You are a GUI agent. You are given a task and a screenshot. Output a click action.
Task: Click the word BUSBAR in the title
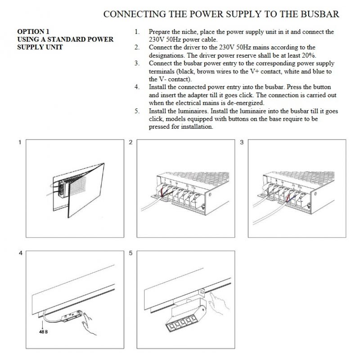pos(320,14)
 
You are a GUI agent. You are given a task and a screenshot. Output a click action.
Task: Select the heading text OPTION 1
pos(33,31)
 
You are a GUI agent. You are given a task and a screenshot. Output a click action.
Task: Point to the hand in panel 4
pos(88,324)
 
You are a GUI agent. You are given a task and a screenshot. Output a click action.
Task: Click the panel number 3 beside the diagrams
pos(242,142)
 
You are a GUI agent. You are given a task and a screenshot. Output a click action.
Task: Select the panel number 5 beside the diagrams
pos(130,253)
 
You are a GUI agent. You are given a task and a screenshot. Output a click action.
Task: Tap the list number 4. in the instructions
pos(137,87)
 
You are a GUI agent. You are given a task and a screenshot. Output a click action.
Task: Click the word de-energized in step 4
pos(246,103)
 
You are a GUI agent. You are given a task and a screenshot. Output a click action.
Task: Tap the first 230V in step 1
pos(157,40)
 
